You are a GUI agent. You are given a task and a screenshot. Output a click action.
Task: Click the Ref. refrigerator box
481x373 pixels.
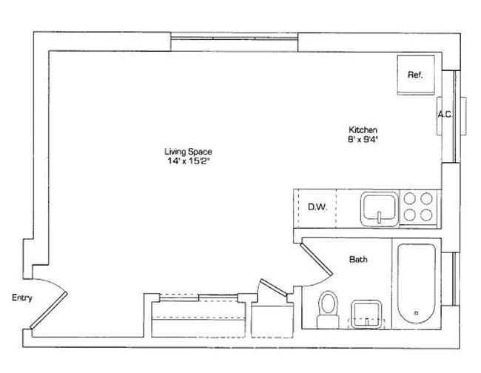(415, 75)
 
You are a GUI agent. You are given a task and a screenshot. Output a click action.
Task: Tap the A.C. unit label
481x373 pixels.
(445, 115)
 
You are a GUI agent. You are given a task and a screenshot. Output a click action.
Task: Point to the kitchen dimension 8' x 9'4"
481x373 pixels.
(363, 138)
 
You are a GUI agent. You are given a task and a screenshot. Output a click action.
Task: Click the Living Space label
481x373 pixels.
(188, 152)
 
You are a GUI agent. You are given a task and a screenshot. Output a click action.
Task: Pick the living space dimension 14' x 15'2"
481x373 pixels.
(188, 161)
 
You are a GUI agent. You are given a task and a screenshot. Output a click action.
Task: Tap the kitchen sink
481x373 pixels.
(380, 207)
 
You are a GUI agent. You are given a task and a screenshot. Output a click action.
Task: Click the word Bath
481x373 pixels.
(358, 260)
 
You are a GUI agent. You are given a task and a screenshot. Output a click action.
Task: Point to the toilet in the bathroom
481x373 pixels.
(326, 309)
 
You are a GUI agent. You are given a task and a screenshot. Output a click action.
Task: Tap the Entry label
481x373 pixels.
(21, 298)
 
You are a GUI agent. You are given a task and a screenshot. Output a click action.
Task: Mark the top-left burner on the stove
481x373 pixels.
(410, 198)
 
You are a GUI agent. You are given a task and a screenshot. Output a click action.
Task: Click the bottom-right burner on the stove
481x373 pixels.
(428, 215)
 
